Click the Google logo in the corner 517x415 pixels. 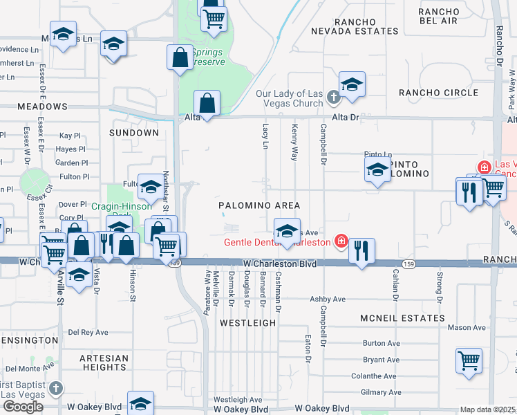pos(23,406)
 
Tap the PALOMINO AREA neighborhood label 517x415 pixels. pos(259,205)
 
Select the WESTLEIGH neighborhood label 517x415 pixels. pos(247,322)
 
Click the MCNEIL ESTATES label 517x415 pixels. pos(402,317)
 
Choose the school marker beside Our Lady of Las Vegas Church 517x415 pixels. pos(352,85)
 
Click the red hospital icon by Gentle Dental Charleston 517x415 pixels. pos(341,241)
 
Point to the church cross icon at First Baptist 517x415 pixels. pos(56,389)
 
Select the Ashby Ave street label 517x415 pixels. pos(327,299)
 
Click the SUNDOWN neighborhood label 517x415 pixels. pos(134,132)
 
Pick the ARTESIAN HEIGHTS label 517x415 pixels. pos(104,362)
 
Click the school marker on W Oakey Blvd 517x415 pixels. pos(140,404)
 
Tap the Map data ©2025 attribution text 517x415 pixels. pos(488,409)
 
